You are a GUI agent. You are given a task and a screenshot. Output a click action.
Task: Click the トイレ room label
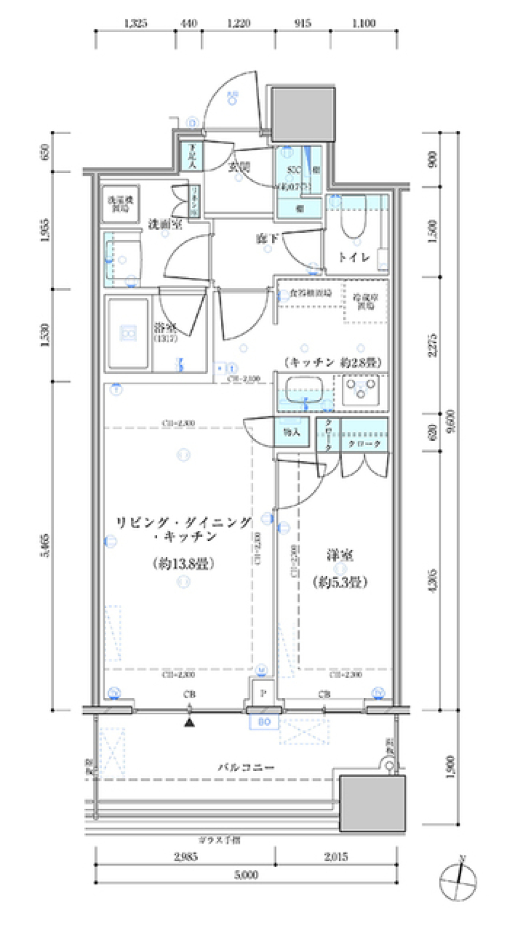pyautogui.click(x=354, y=257)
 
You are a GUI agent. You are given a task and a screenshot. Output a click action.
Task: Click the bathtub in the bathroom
pyautogui.click(x=128, y=334)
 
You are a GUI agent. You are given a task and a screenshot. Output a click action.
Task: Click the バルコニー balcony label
pyautogui.click(x=246, y=767)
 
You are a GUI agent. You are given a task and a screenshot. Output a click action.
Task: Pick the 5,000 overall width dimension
pyautogui.click(x=246, y=875)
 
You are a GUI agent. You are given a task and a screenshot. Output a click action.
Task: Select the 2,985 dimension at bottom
pyautogui.click(x=186, y=856)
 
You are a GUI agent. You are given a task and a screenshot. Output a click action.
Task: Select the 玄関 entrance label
pyautogui.click(x=239, y=167)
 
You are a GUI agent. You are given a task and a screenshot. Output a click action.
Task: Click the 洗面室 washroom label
pyautogui.click(x=165, y=224)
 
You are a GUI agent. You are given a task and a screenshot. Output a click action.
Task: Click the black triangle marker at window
pyautogui.click(x=189, y=722)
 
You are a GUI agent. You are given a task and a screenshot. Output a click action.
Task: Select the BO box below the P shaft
pyautogui.click(x=264, y=722)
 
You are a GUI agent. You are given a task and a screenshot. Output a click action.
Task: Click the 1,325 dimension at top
pyautogui.click(x=135, y=23)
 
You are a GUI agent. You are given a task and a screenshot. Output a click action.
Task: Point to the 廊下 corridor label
pyautogui.click(x=267, y=238)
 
